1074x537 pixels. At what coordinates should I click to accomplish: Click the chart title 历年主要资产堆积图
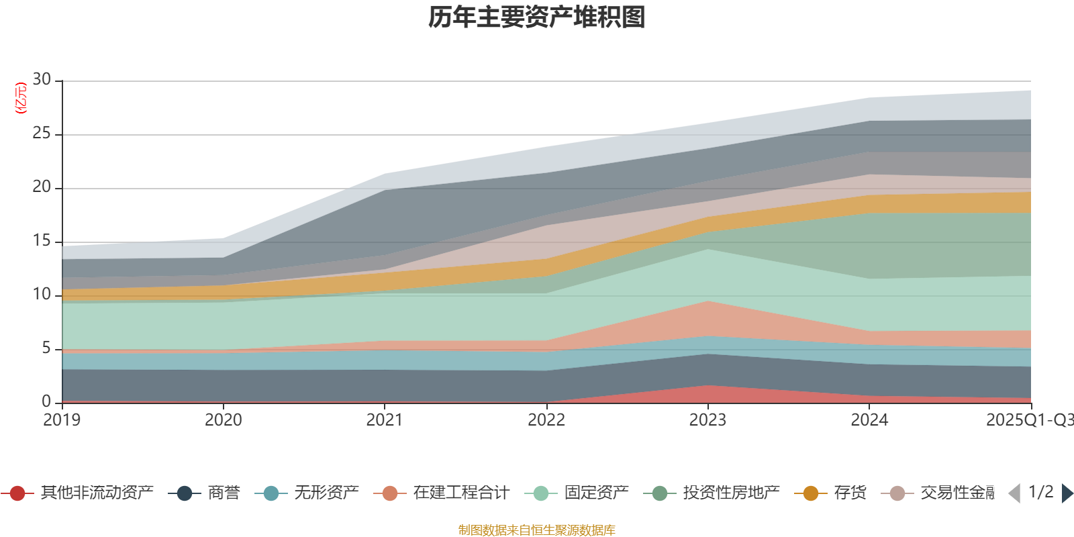(x=537, y=17)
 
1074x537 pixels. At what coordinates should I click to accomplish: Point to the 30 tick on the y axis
(x=42, y=80)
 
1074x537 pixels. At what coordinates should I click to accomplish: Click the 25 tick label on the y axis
(x=42, y=134)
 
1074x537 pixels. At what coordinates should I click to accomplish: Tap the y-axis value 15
(x=42, y=241)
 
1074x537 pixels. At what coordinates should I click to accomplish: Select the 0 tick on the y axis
(x=46, y=401)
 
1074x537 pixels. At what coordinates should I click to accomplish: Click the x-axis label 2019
(x=62, y=420)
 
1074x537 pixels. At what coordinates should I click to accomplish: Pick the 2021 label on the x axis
(x=385, y=420)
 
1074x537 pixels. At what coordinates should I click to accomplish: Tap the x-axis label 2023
(x=707, y=420)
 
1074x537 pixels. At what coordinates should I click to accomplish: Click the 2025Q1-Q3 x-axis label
(x=1029, y=420)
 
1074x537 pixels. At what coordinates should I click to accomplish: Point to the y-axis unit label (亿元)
(x=21, y=98)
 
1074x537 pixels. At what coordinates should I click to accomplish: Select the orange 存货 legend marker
(x=810, y=493)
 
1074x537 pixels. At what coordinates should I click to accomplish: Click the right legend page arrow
(x=1067, y=493)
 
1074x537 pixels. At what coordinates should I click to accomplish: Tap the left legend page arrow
(x=1014, y=493)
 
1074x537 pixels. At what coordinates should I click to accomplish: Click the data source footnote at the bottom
(x=537, y=530)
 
